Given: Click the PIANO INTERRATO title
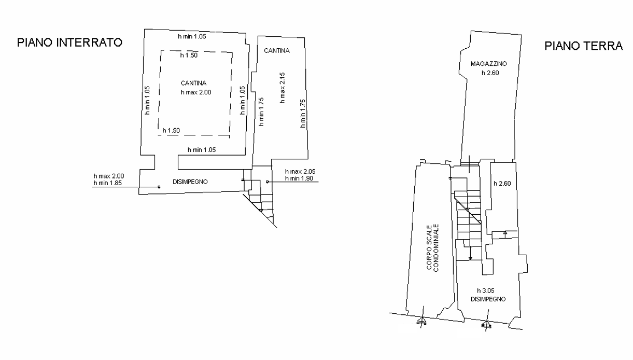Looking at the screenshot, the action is pyautogui.click(x=69, y=43).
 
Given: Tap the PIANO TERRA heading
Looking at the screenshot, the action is pyautogui.click(x=584, y=46).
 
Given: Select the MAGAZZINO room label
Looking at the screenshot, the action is pyautogui.click(x=488, y=64).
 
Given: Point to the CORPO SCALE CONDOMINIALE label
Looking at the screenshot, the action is pyautogui.click(x=432, y=248).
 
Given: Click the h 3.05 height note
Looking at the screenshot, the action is pyautogui.click(x=486, y=290).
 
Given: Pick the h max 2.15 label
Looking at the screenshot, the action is pyautogui.click(x=283, y=88).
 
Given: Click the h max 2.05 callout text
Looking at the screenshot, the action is pyautogui.click(x=300, y=171).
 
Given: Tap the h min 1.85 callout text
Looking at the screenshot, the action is pyautogui.click(x=108, y=183).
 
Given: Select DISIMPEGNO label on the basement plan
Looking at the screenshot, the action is pyautogui.click(x=190, y=182).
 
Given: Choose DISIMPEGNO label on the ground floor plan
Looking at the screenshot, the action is pyautogui.click(x=488, y=299).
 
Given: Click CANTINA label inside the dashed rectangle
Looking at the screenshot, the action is pyautogui.click(x=193, y=83).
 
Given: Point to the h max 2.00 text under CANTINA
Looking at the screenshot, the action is pyautogui.click(x=196, y=92).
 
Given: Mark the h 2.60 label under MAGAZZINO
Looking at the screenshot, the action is pyautogui.click(x=490, y=73).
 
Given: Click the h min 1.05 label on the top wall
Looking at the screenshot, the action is pyautogui.click(x=192, y=36).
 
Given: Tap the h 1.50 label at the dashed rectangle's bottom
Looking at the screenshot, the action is pyautogui.click(x=171, y=130).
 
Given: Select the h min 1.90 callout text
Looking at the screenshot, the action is pyautogui.click(x=299, y=178).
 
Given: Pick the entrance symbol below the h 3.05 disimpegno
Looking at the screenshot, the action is pyautogui.click(x=486, y=324).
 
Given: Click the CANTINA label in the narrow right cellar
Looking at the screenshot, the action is pyautogui.click(x=277, y=51).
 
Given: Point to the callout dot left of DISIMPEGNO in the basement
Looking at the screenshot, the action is pyautogui.click(x=159, y=187).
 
